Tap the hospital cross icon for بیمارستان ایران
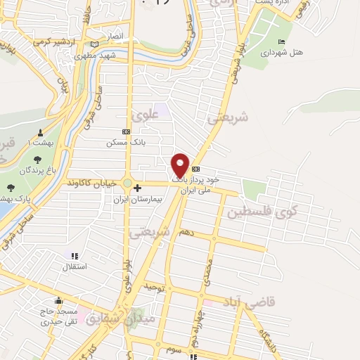click(137, 188)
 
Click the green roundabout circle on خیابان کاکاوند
click(127, 184)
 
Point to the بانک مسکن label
click(120, 142)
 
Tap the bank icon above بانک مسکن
click(126, 131)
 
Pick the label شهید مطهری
click(95, 54)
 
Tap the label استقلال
click(74, 266)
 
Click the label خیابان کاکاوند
click(91, 183)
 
